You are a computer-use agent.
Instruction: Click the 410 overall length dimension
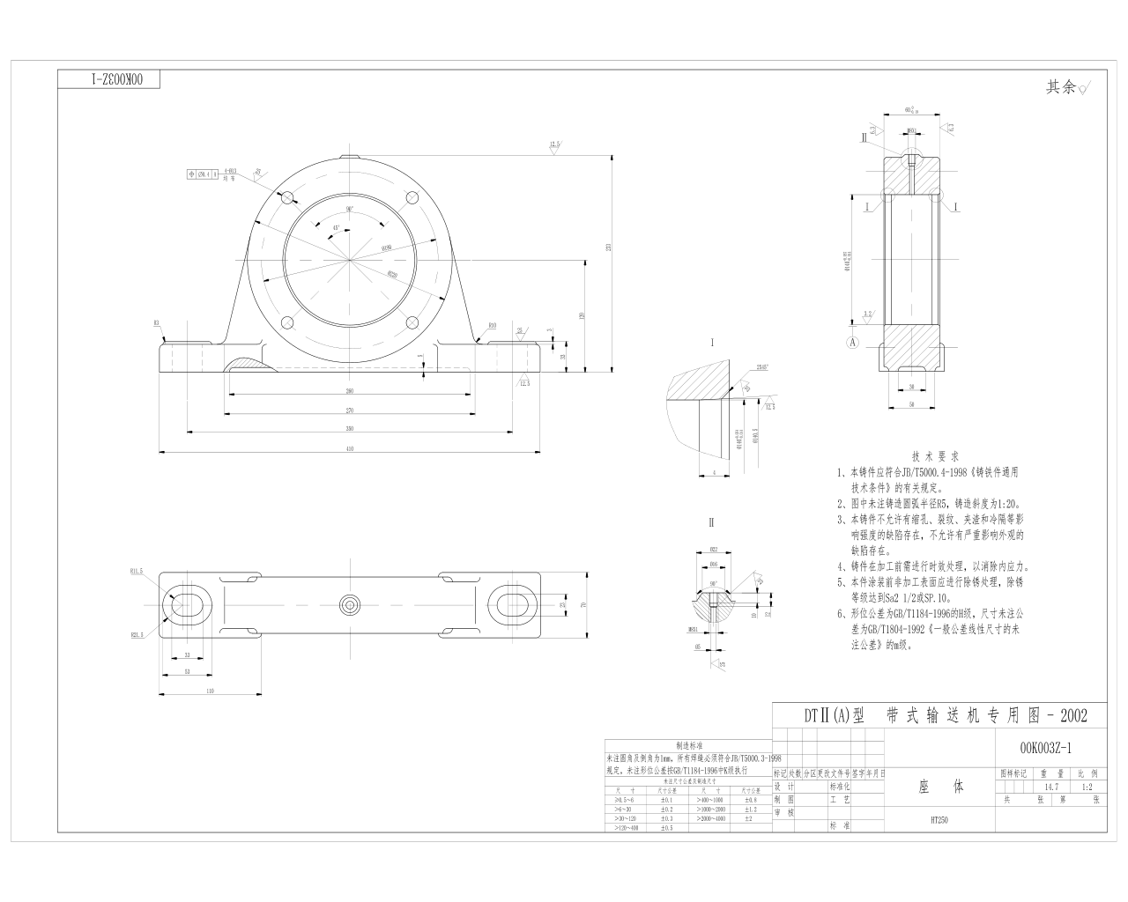[350, 449]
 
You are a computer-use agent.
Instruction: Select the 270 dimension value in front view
[350, 410]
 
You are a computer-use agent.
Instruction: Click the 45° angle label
[336, 227]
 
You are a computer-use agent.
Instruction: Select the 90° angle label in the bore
[350, 210]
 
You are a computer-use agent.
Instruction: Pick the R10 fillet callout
[492, 325]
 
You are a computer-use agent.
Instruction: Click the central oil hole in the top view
[351, 604]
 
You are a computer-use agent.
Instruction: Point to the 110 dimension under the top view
[210, 691]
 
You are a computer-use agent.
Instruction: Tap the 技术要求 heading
[934, 457]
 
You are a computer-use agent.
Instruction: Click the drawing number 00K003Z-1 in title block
[1045, 748]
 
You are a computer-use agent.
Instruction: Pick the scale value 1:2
[1086, 787]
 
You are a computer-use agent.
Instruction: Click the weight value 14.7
[1051, 787]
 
